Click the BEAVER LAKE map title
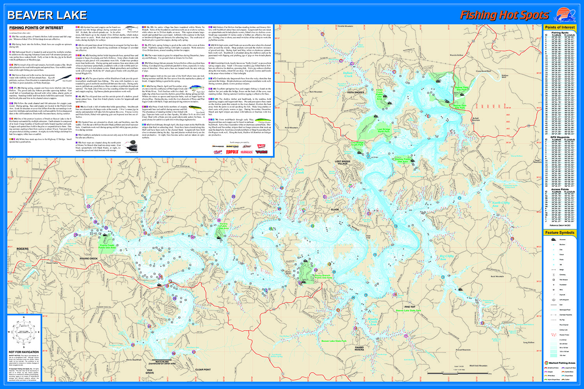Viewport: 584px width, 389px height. point(47,15)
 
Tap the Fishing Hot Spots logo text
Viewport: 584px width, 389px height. point(504,15)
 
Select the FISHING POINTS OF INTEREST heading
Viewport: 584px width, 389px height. point(36,28)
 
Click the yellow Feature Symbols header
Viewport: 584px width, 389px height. point(559,233)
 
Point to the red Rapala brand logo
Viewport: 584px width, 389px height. point(232,152)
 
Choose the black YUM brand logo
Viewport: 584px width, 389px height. point(261,152)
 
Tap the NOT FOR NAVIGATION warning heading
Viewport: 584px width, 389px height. point(24,352)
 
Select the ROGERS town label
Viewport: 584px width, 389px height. point(22,249)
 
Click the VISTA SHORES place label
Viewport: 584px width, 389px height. point(355,93)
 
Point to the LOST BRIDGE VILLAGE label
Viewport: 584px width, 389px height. point(343,163)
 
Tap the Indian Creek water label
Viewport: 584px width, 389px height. point(348,74)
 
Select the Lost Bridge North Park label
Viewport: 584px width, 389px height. point(383,130)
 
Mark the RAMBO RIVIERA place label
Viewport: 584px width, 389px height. point(359,349)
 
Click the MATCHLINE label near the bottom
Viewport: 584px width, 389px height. point(162,362)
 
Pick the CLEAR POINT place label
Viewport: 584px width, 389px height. point(203,370)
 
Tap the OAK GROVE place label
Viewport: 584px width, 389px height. point(150,371)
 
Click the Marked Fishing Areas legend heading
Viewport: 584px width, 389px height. point(561,363)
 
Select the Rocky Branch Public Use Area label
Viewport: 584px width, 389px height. point(323,277)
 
